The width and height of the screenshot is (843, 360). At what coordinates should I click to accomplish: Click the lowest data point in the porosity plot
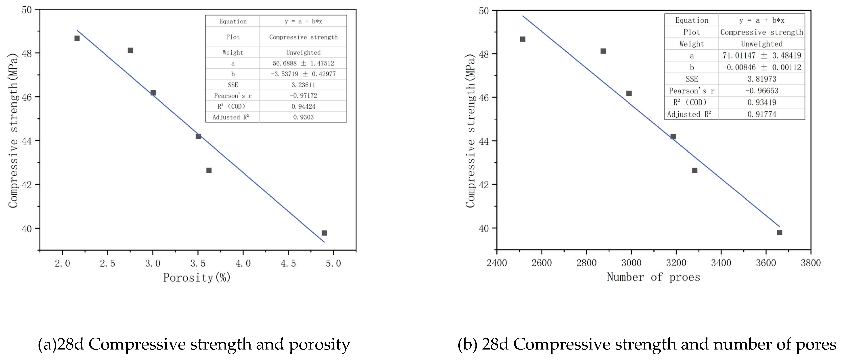coord(324,233)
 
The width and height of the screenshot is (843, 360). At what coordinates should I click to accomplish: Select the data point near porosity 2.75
coord(130,50)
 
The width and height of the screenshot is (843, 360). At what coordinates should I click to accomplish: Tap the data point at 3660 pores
coord(779,233)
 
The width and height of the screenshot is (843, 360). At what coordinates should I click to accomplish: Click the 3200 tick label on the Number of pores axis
coord(676,263)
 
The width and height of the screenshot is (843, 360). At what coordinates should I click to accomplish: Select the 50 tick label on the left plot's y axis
coord(27,10)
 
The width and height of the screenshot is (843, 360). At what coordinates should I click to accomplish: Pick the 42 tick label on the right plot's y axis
coord(484,185)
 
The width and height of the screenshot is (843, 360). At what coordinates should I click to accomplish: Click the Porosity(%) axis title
coord(197,278)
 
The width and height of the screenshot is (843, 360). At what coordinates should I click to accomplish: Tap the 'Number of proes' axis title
coord(653,277)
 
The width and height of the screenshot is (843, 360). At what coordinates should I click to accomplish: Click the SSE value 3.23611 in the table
coord(303,85)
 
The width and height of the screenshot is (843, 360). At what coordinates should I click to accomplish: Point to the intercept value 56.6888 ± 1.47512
coord(303,63)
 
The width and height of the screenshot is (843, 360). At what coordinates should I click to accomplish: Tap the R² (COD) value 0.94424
coord(303,106)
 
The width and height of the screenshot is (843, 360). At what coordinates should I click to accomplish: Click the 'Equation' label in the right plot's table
coord(692,20)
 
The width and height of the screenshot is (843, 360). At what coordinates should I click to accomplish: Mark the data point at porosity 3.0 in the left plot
coord(153,93)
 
